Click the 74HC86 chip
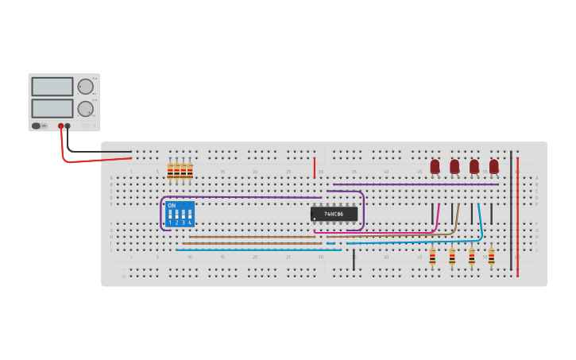point(334,214)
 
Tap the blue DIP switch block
point(180,215)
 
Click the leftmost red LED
point(435,166)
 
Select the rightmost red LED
point(494,166)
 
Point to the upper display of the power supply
point(52,87)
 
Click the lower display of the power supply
point(52,108)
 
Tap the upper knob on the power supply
point(85,87)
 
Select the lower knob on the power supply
point(85,109)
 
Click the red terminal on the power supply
point(60,126)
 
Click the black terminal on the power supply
point(68,126)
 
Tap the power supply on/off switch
point(37,126)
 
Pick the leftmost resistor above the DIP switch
point(170,170)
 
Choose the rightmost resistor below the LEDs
point(491,257)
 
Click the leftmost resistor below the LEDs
point(432,257)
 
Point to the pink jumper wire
point(437,219)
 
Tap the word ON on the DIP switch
point(172,206)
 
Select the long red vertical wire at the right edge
point(517,215)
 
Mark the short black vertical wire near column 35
point(354,260)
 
